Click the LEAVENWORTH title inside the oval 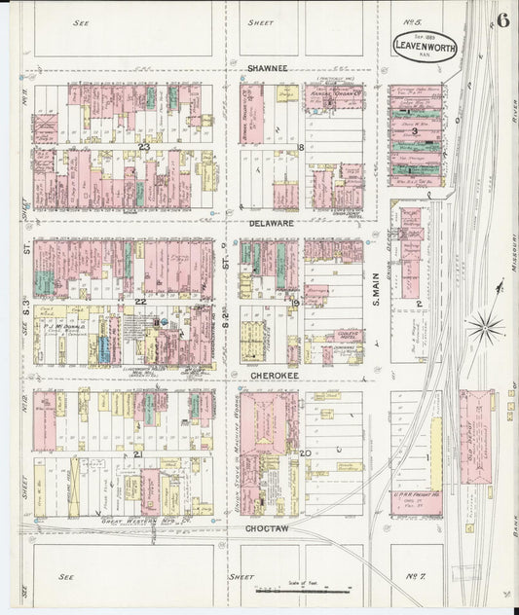point(425,46)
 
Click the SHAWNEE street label point(270,69)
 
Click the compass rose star point(484,325)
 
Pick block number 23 point(143,146)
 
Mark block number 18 point(302,147)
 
